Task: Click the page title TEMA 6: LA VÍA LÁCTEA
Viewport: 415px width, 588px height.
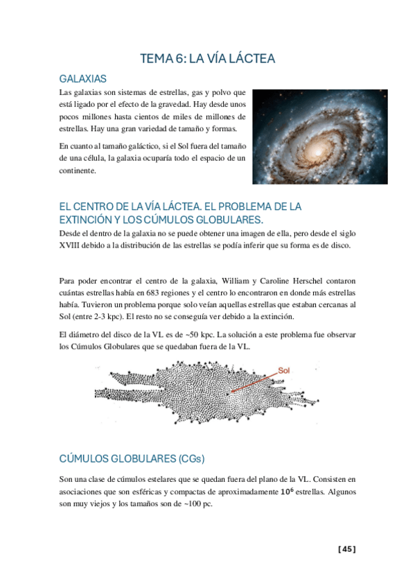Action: tap(207, 59)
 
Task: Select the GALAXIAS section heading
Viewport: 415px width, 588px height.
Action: tap(82, 79)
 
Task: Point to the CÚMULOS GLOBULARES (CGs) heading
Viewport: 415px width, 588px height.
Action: tap(132, 459)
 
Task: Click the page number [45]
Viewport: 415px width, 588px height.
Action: tap(346, 550)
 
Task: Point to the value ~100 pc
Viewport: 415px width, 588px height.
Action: tap(197, 505)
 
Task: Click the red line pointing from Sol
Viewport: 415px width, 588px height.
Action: tap(253, 383)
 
